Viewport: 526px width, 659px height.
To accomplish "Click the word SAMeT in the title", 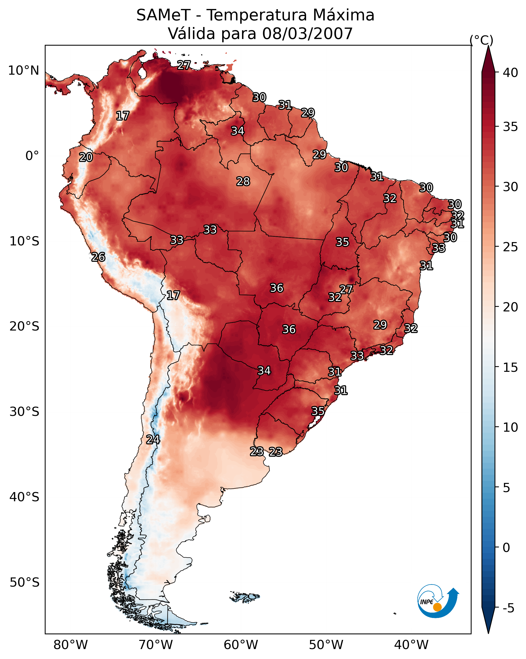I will [x=163, y=15].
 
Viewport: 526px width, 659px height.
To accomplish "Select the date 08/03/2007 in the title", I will [x=307, y=34].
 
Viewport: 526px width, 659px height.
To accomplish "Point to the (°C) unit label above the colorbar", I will [x=481, y=40].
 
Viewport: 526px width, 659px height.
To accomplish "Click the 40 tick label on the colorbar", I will [x=510, y=73].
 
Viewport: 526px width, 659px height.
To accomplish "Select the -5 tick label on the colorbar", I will [x=508, y=608].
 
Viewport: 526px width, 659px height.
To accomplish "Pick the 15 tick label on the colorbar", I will [x=510, y=367].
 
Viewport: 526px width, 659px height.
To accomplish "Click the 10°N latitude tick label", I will [x=24, y=71].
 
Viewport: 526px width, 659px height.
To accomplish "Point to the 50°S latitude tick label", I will [x=24, y=583].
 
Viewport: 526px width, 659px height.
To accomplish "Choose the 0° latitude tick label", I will [x=32, y=156].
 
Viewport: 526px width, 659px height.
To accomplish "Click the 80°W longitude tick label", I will [x=70, y=645].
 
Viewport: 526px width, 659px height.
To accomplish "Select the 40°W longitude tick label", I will [x=411, y=645].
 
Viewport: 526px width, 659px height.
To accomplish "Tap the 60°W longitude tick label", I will [x=241, y=645].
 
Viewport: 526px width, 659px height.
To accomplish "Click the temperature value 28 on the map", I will [x=243, y=181].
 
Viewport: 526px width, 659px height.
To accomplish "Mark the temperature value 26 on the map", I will [x=98, y=257].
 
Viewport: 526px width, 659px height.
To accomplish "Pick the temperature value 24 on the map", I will [x=153, y=440].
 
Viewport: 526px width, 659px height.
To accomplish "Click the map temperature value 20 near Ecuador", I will [x=86, y=157].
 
